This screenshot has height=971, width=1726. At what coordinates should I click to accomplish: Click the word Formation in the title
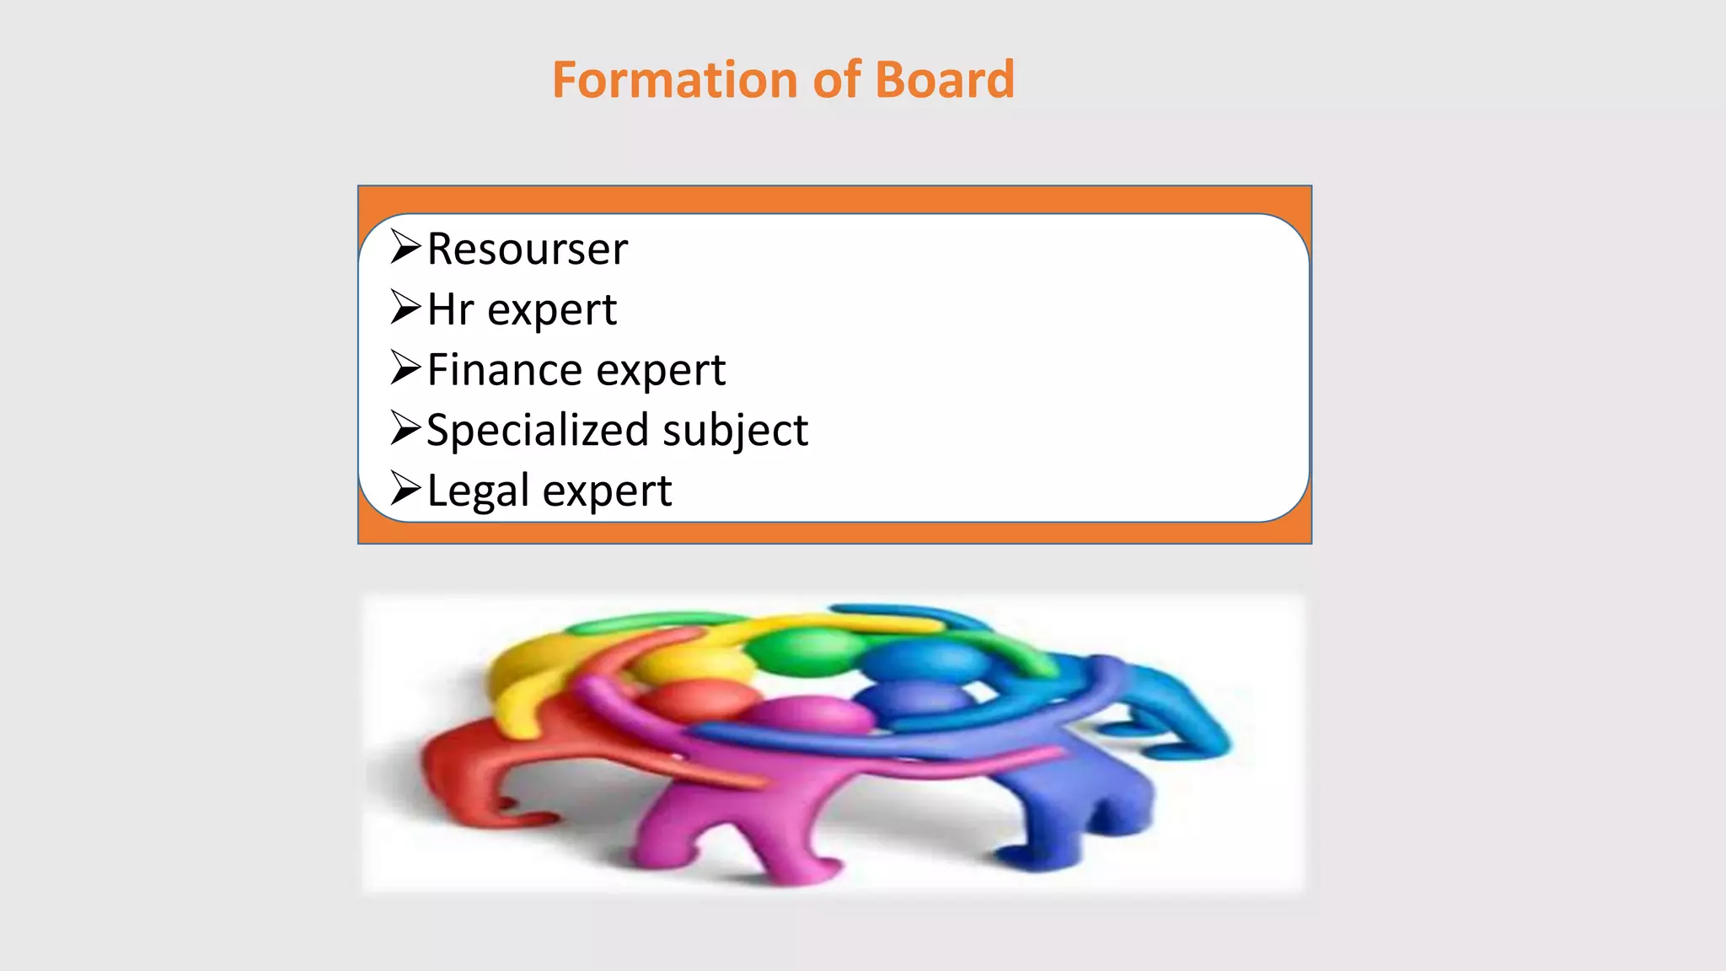[x=675, y=80]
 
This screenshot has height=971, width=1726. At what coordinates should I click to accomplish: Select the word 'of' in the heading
[x=836, y=80]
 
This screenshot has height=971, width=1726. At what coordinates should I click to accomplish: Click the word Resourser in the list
[x=528, y=249]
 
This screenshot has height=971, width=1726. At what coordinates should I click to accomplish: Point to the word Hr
[x=450, y=309]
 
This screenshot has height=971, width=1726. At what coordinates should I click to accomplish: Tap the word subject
[x=735, y=431]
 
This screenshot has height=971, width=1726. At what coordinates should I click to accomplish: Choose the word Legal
[x=477, y=491]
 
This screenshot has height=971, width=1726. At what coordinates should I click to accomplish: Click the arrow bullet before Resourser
[x=405, y=248]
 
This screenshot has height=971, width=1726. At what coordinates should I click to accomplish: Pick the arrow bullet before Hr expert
[x=405, y=308]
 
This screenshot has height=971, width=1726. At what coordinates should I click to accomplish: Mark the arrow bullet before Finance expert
[x=405, y=369]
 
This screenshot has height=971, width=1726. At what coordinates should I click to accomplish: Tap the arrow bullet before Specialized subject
[x=405, y=430]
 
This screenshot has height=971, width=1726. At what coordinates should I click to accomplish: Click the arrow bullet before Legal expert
[x=405, y=490]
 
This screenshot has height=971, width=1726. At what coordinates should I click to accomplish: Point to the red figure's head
[x=696, y=700]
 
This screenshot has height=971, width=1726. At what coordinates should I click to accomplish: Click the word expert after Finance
[x=673, y=370]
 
